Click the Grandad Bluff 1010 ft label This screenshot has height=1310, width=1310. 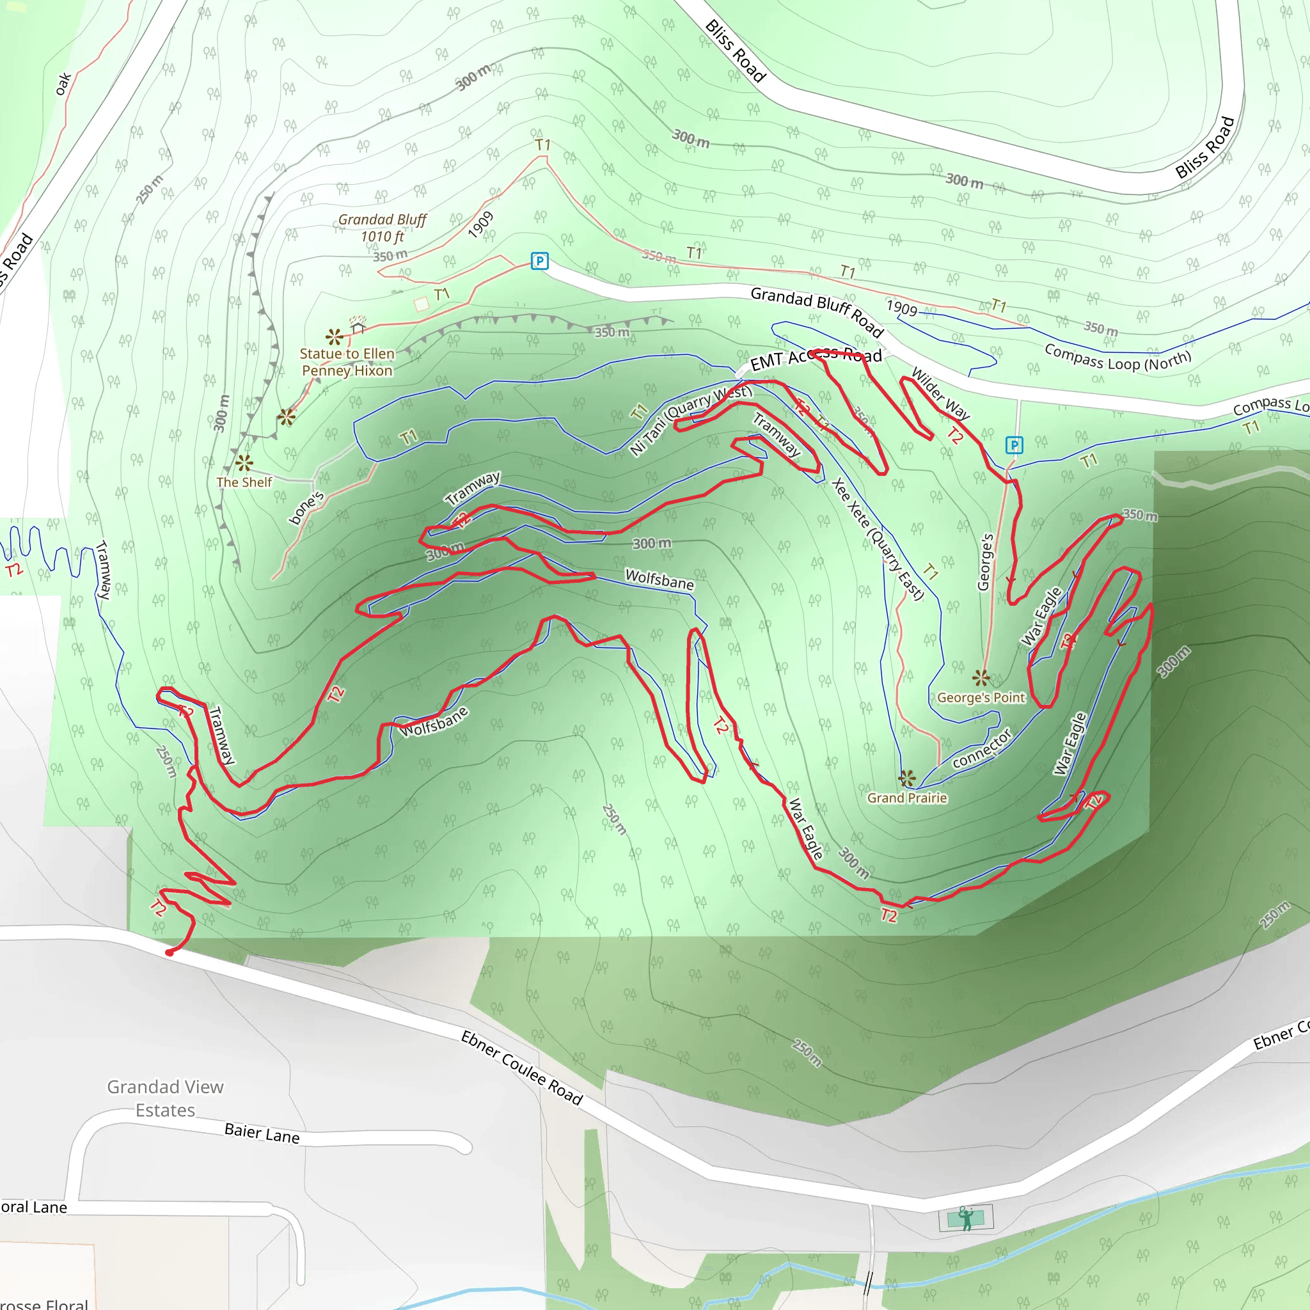[x=382, y=228]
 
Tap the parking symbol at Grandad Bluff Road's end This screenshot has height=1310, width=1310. [x=539, y=261]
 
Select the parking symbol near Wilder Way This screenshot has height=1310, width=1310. [x=1014, y=445]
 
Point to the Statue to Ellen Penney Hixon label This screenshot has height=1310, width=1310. [x=347, y=362]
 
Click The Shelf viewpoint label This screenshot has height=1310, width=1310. [x=244, y=482]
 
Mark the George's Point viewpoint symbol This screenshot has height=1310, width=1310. [x=981, y=677]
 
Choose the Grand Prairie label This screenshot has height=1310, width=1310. [x=906, y=798]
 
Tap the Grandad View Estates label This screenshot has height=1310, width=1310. [x=165, y=1098]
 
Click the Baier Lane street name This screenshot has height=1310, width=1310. [x=262, y=1133]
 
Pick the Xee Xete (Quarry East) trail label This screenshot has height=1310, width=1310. [x=878, y=539]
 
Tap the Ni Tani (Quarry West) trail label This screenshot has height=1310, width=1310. [x=690, y=419]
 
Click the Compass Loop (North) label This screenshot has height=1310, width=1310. [x=1117, y=358]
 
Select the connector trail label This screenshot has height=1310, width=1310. [x=982, y=748]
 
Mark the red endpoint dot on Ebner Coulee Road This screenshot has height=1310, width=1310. [x=170, y=952]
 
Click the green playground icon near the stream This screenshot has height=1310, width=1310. [x=965, y=1218]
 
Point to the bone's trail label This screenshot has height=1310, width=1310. [x=306, y=509]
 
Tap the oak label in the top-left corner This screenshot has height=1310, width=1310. [x=63, y=84]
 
